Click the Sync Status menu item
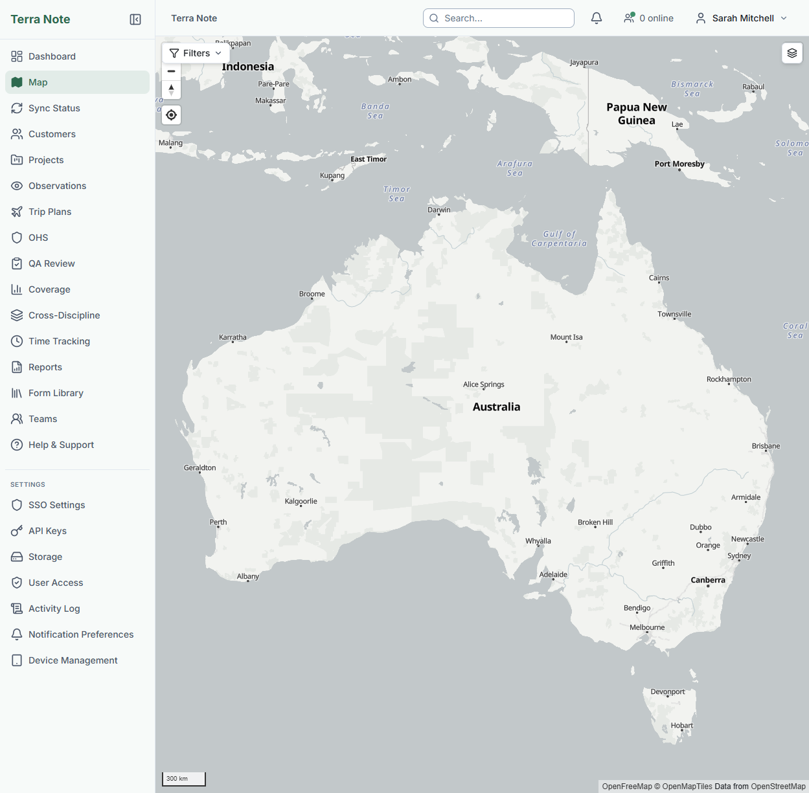click(54, 108)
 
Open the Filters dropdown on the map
click(196, 53)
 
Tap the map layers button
click(792, 53)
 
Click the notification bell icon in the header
click(597, 18)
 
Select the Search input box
click(499, 18)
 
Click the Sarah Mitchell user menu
click(742, 18)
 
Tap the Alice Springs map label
click(483, 385)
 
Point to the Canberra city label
click(707, 580)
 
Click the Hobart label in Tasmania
click(681, 726)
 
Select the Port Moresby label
click(679, 164)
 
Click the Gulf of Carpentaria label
click(559, 239)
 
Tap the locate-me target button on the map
click(171, 115)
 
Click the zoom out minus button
click(171, 71)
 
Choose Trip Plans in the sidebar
click(50, 212)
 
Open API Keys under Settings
click(47, 531)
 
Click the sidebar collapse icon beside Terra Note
click(135, 19)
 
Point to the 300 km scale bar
click(183, 779)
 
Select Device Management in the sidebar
click(73, 660)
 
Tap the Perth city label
click(218, 522)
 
